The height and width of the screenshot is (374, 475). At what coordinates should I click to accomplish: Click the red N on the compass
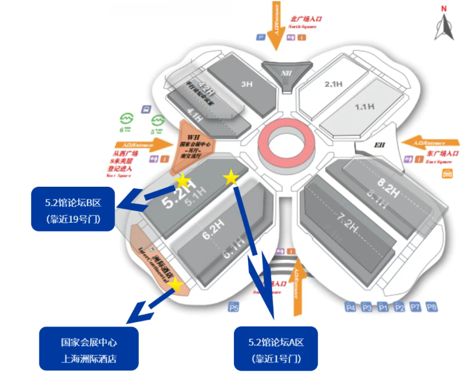point(444,8)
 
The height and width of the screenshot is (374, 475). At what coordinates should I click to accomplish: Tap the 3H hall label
point(247,84)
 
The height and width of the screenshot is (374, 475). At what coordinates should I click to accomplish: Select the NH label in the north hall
point(285,73)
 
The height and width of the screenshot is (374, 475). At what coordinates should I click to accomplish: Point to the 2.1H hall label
point(333,84)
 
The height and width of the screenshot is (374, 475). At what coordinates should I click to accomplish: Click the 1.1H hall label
point(364,106)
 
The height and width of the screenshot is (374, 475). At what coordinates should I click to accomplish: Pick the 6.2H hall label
point(213,235)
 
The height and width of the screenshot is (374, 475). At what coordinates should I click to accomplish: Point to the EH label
point(379,145)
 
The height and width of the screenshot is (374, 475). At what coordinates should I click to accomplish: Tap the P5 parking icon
point(233,307)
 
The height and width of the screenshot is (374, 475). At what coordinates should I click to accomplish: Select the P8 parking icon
point(432,307)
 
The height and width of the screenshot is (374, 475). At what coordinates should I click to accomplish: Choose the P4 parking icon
point(351,307)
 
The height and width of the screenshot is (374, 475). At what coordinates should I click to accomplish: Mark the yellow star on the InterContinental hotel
point(175,284)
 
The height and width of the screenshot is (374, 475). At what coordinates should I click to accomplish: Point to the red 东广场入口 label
point(443,154)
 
